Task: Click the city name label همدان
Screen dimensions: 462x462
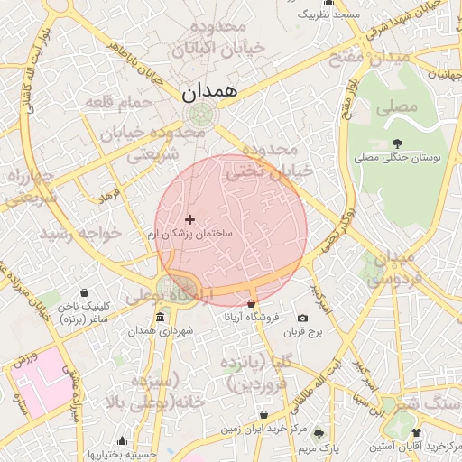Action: tap(208, 91)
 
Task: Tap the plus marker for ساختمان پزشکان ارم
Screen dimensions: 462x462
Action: tap(189, 219)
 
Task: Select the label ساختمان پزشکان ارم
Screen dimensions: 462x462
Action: tap(189, 234)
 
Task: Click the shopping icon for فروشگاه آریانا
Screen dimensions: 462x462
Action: tap(251, 304)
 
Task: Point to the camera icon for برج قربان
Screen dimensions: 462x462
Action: tap(301, 318)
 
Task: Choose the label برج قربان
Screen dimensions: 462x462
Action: tap(301, 332)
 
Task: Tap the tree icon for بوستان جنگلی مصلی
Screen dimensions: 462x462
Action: tap(397, 143)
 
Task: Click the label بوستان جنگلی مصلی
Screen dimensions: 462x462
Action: tap(397, 158)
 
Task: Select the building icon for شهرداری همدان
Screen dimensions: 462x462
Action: tap(160, 317)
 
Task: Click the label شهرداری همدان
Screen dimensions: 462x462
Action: tap(160, 331)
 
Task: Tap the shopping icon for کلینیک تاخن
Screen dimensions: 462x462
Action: tap(84, 292)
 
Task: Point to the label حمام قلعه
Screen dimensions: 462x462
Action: tap(115, 103)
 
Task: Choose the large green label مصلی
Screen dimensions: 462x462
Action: tap(401, 106)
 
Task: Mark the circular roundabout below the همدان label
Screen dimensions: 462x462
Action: tap(202, 115)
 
